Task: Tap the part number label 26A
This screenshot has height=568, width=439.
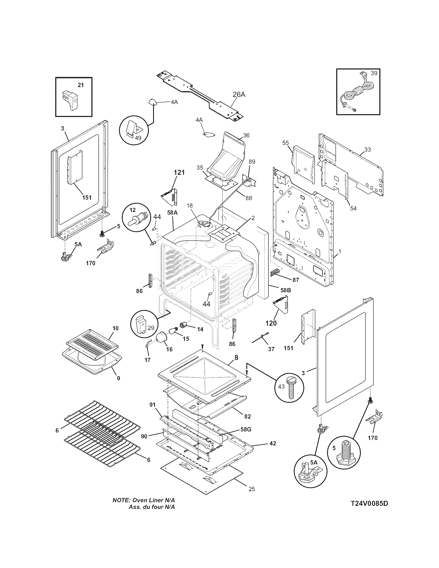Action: (x=239, y=95)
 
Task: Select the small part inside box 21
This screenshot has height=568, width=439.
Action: (x=70, y=100)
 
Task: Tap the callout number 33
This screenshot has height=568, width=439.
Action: (x=367, y=149)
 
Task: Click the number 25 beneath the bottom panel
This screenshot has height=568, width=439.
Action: (x=252, y=489)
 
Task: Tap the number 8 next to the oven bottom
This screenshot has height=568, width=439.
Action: (x=236, y=358)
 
